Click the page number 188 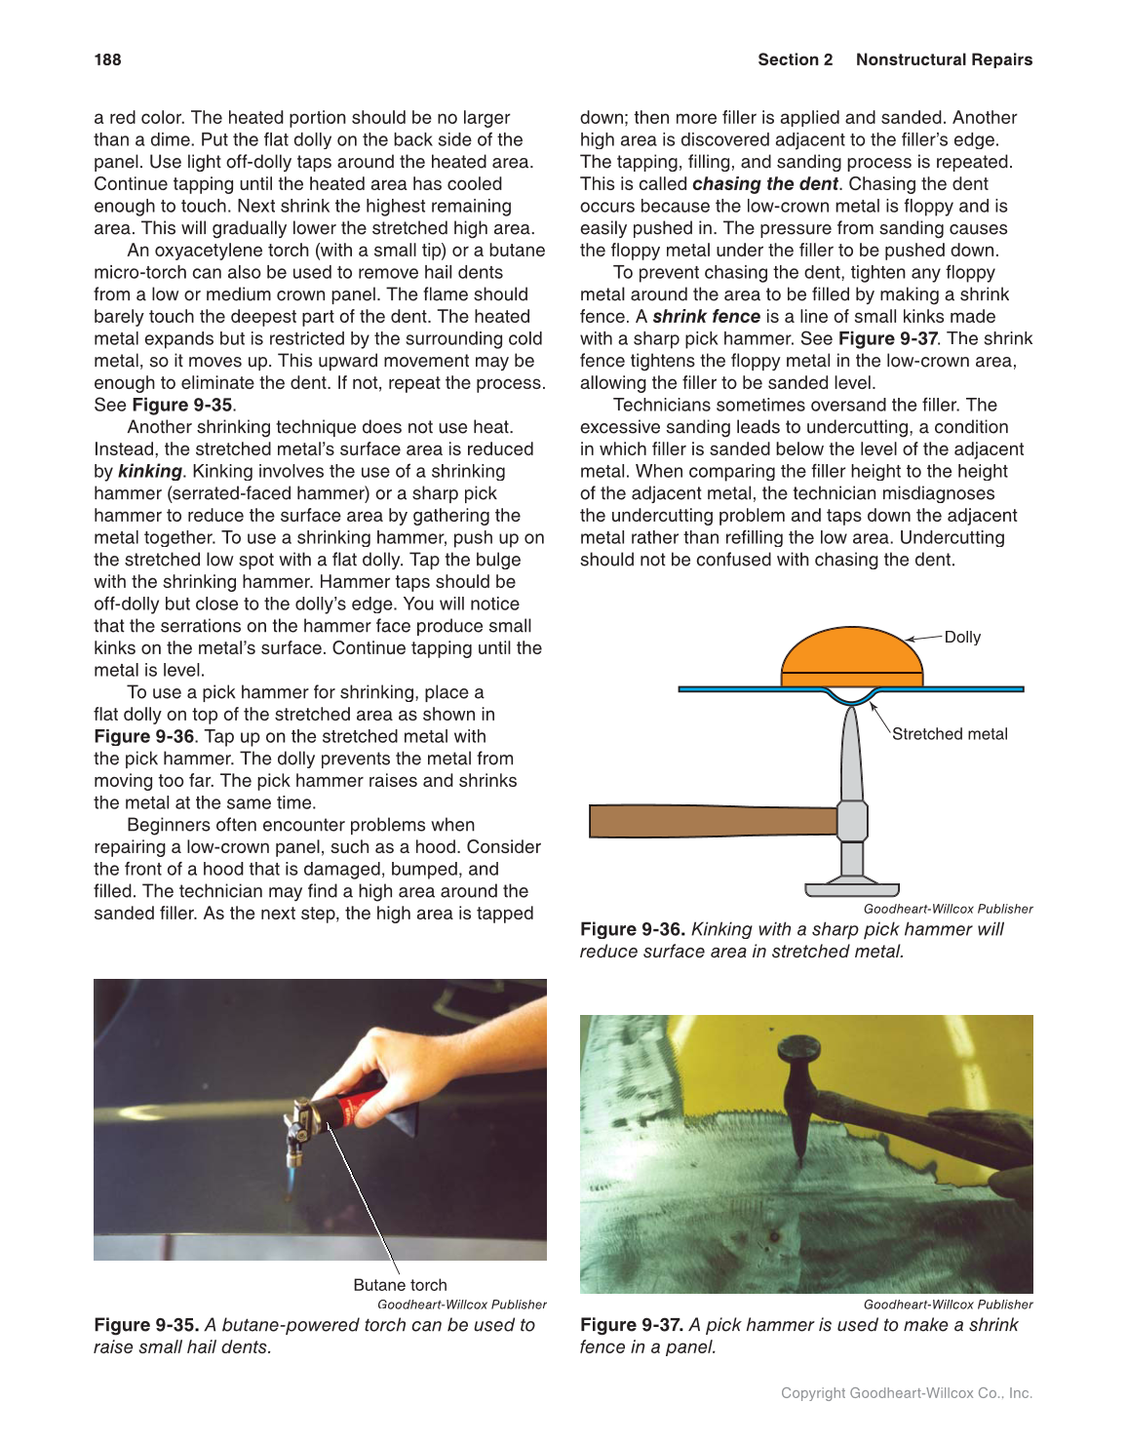(107, 59)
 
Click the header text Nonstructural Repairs (943, 59)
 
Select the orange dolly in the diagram (851, 656)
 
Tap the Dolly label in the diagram (961, 637)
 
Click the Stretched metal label (949, 734)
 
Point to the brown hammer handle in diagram (712, 821)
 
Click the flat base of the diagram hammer (851, 889)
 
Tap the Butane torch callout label (400, 1285)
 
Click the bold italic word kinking (149, 471)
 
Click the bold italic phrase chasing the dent (764, 184)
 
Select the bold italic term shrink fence (706, 317)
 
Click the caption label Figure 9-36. (632, 929)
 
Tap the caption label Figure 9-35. (146, 1325)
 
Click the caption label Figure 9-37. (632, 1325)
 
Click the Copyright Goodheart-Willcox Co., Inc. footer (906, 1393)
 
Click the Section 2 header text (795, 59)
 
